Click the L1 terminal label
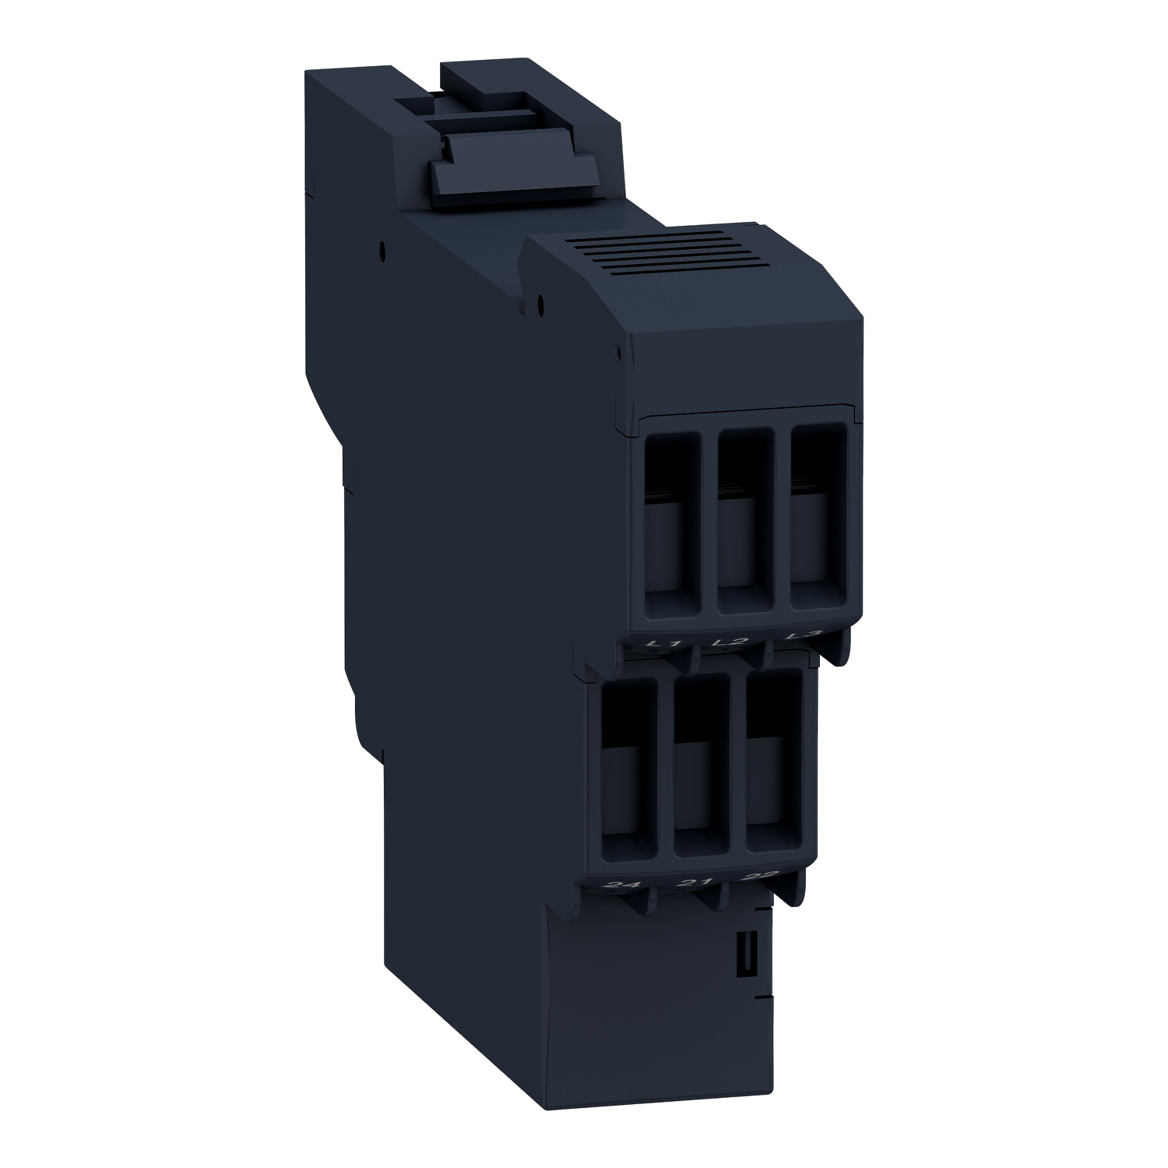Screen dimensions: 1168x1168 pos(664,644)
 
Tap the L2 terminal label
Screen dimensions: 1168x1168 pos(730,642)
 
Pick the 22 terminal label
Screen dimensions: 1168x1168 pos(757,878)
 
